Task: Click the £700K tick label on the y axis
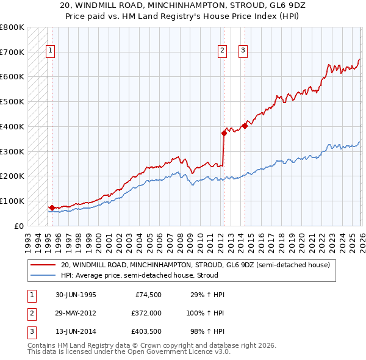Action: tap(12, 52)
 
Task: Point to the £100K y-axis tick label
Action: tap(12, 201)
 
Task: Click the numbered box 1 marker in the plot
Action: tap(50, 51)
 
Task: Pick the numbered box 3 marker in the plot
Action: tap(243, 51)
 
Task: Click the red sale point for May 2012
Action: tap(224, 133)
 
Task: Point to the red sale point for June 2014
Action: tap(245, 126)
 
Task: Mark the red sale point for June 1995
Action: tap(52, 207)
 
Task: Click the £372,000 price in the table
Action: tap(146, 312)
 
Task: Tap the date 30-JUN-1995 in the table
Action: tap(76, 295)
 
